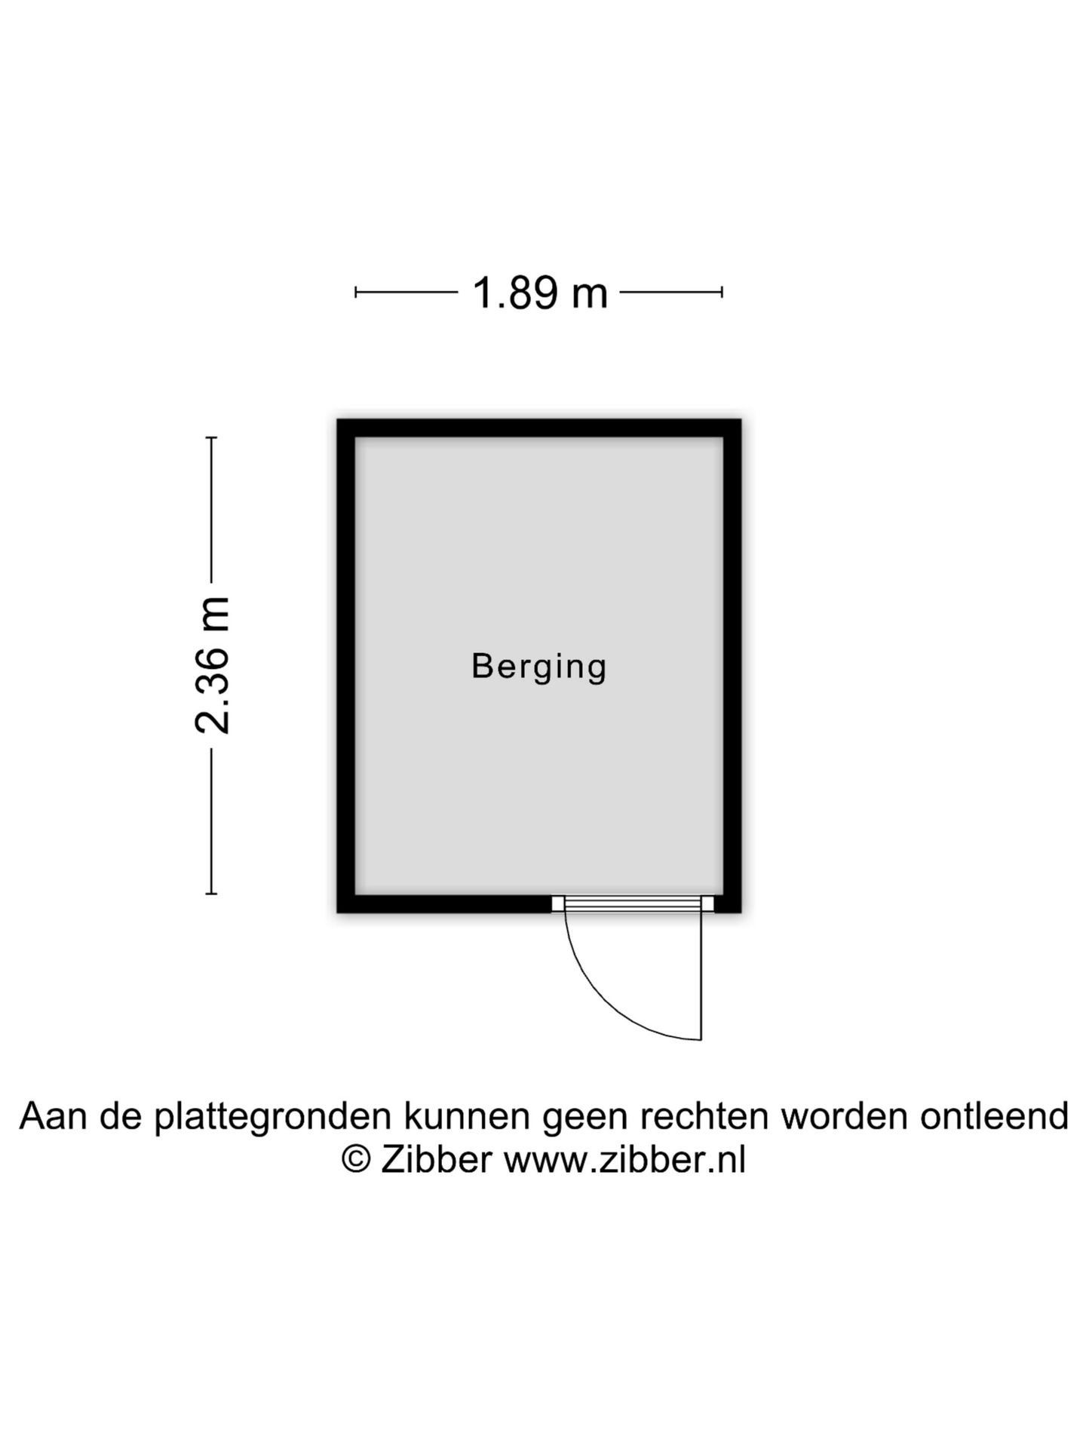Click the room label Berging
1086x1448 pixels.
[x=539, y=667]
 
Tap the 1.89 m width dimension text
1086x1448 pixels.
[x=539, y=293]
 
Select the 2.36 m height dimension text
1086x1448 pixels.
[x=212, y=665]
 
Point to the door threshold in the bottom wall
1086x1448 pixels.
[x=633, y=903]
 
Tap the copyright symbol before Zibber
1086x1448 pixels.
[x=356, y=1160]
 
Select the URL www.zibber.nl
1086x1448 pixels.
[x=624, y=1160]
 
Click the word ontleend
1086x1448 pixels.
[x=993, y=1116]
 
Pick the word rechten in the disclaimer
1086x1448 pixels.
[x=705, y=1116]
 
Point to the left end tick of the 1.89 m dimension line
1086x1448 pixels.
[x=355, y=292]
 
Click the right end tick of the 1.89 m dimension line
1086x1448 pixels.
[x=722, y=292]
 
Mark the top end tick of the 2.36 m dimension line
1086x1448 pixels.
[x=212, y=437]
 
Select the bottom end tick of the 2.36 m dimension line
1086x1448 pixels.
[x=212, y=894]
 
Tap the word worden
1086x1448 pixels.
[x=844, y=1116]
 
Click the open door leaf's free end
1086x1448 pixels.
[x=701, y=1040]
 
